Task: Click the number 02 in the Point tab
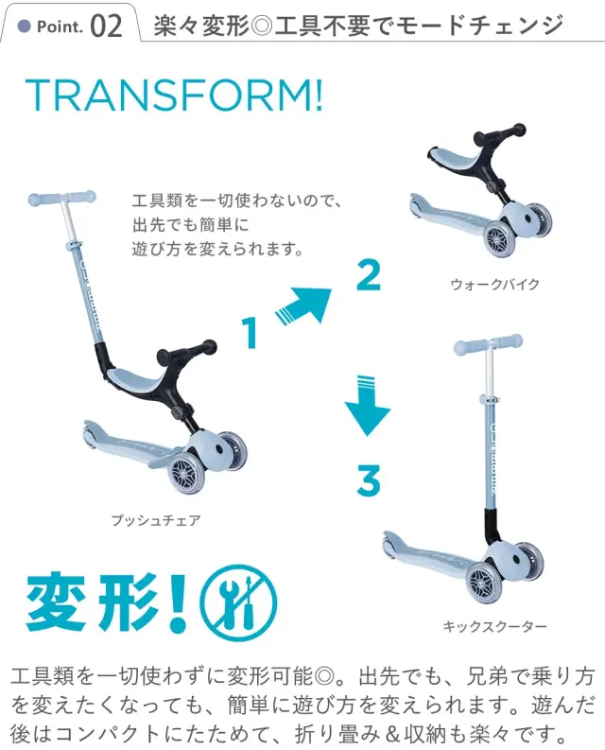point(106,26)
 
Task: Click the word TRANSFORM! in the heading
point(174,95)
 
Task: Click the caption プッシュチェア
point(156,520)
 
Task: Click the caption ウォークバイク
point(495,284)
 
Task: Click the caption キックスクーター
point(494,626)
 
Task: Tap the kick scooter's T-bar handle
point(488,341)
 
